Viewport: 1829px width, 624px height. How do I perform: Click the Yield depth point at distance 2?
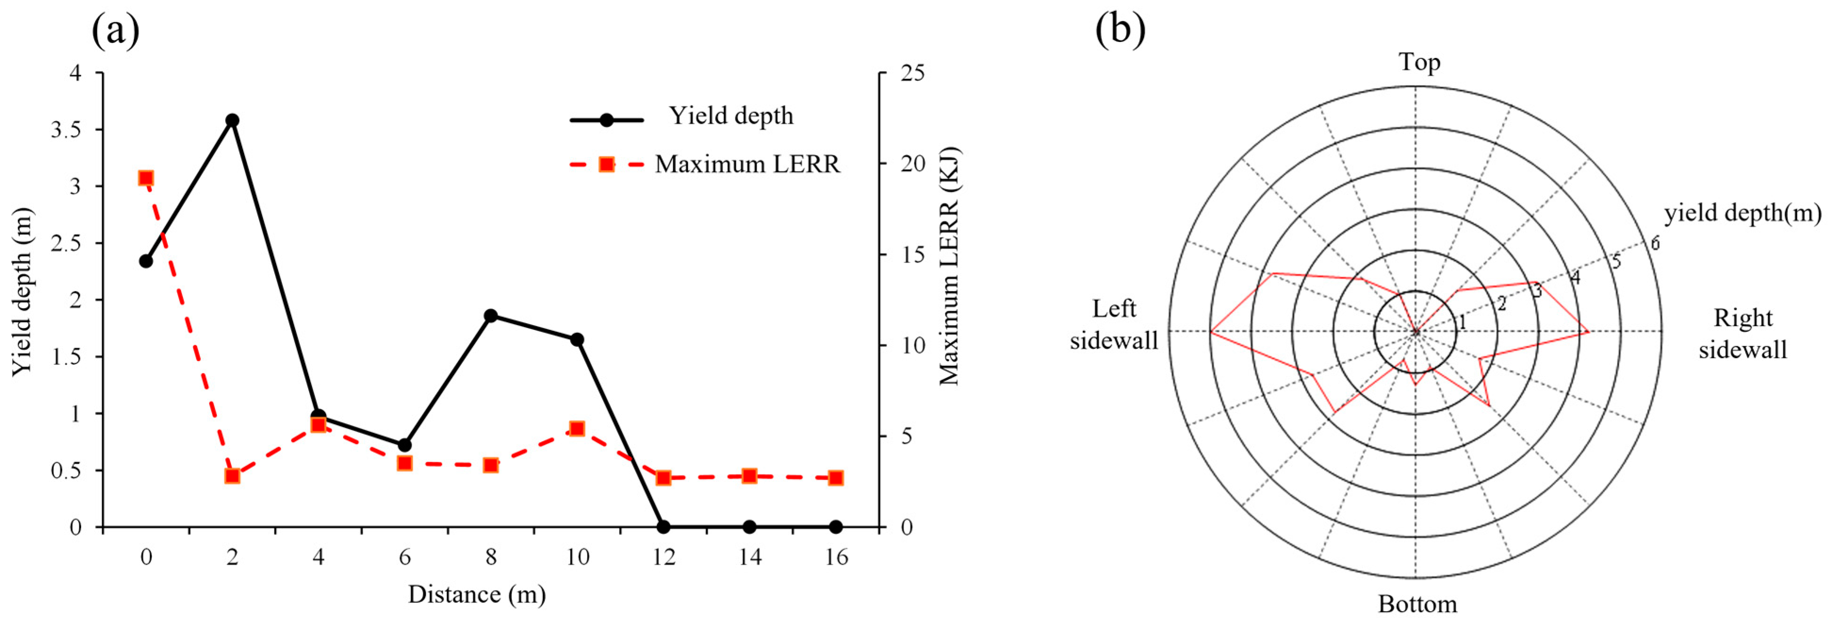pyautogui.click(x=232, y=120)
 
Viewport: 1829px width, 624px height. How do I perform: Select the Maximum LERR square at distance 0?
pyautogui.click(x=146, y=178)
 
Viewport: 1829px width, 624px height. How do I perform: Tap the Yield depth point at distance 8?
pyautogui.click(x=490, y=316)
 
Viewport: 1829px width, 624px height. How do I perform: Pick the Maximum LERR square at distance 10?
pyautogui.click(x=577, y=429)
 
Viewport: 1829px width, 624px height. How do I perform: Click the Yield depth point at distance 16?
pyautogui.click(x=836, y=527)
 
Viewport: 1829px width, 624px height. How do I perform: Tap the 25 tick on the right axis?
pyautogui.click(x=912, y=73)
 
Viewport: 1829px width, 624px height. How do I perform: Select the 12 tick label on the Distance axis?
pyautogui.click(x=663, y=557)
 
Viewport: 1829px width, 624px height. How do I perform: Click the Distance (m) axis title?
pyautogui.click(x=476, y=594)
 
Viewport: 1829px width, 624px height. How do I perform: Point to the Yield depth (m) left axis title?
pyautogui.click(x=23, y=291)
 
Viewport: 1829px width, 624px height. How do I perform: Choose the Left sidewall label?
pyautogui.click(x=1113, y=324)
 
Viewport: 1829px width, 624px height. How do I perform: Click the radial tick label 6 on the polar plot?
pyautogui.click(x=1656, y=244)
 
